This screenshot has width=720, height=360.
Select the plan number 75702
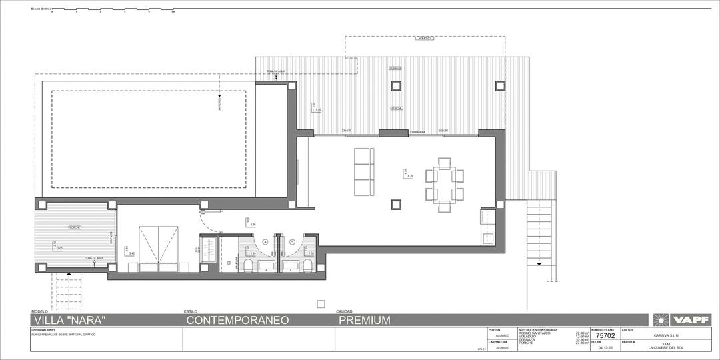click(x=605, y=336)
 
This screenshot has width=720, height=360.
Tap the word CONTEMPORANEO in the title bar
click(x=237, y=320)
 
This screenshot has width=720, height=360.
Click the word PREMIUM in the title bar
click(x=364, y=320)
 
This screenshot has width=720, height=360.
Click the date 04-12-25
click(x=605, y=347)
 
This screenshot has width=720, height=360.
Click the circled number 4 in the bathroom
click(x=265, y=241)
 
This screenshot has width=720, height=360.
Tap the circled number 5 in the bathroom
click(x=292, y=241)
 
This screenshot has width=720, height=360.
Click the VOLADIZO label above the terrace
click(x=425, y=39)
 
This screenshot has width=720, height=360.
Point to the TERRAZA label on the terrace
click(x=395, y=68)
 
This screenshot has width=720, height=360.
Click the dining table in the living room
click(x=444, y=185)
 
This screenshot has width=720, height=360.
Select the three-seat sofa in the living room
click(x=364, y=172)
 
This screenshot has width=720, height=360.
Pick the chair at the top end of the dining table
click(x=444, y=163)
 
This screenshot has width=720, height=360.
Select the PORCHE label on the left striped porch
click(x=75, y=228)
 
